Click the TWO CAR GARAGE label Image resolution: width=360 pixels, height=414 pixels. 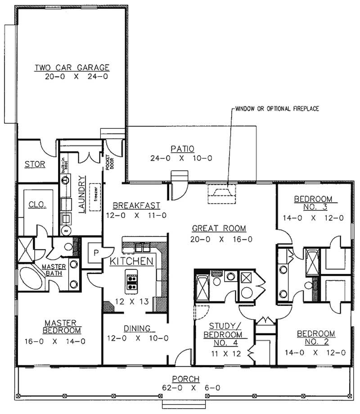(x=72, y=68)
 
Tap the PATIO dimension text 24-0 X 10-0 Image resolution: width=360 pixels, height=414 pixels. (x=182, y=158)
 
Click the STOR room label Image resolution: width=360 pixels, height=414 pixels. (x=35, y=164)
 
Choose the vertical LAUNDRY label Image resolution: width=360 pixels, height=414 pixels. (x=82, y=194)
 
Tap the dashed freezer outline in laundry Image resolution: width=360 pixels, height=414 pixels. (x=94, y=197)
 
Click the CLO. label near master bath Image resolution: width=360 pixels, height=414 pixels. (x=37, y=205)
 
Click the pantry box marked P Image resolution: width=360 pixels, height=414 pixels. (x=96, y=252)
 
